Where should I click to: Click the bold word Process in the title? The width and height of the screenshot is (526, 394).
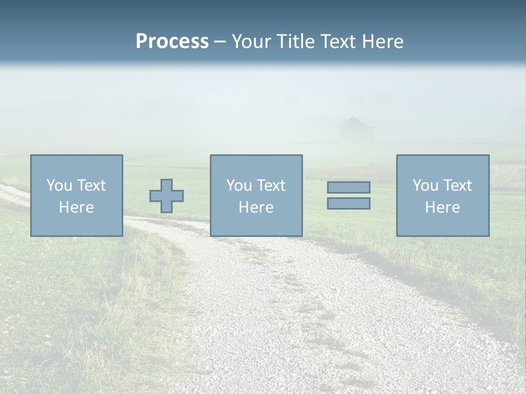(172, 42)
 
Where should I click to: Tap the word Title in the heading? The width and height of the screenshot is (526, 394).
(296, 42)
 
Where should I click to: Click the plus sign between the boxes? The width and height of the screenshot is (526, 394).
(167, 196)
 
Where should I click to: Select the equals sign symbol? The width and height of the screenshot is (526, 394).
(348, 195)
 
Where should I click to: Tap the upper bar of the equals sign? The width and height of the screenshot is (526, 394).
(348, 188)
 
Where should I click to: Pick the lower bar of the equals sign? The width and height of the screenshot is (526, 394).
(348, 203)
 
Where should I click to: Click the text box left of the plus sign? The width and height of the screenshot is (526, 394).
(77, 195)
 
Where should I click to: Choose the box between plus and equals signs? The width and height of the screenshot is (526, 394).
(256, 195)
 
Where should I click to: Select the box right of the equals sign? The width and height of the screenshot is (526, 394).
(443, 195)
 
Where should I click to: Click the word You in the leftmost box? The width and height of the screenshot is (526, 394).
(59, 186)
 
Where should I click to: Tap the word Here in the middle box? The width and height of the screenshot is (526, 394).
(256, 207)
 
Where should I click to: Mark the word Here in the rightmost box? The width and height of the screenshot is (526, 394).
(443, 207)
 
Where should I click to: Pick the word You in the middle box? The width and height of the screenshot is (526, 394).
(238, 186)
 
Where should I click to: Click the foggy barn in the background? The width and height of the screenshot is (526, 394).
(357, 130)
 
